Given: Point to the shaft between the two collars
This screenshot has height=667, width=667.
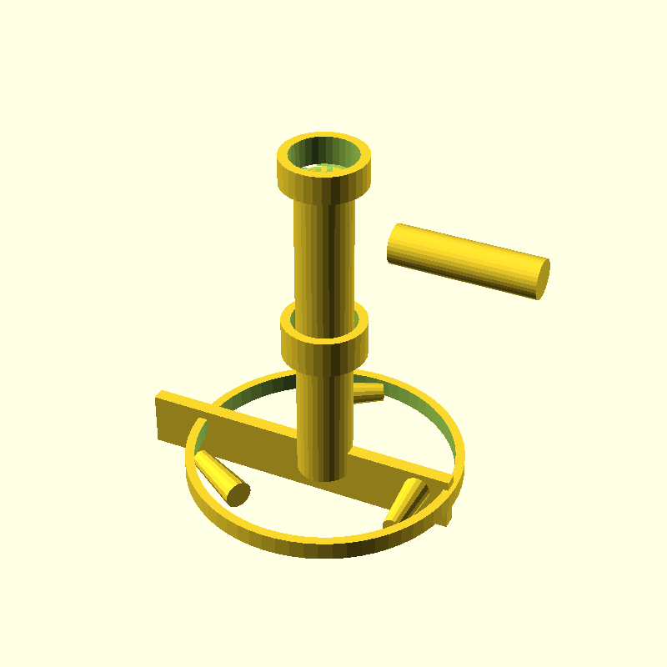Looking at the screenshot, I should click(323, 258).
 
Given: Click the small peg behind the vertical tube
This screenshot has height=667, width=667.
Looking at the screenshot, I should click(368, 391).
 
